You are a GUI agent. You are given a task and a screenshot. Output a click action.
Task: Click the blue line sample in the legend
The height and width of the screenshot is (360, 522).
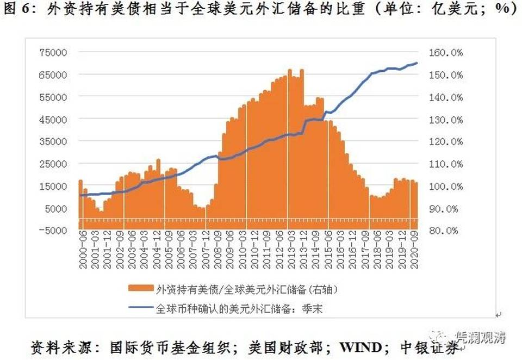click(141, 309)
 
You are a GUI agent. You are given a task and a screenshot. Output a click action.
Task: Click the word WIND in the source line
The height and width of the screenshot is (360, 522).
click(359, 347)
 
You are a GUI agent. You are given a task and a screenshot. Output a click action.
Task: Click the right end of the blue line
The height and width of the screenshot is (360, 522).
click(417, 63)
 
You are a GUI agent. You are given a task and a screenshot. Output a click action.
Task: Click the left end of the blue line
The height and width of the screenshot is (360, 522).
click(80, 195)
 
